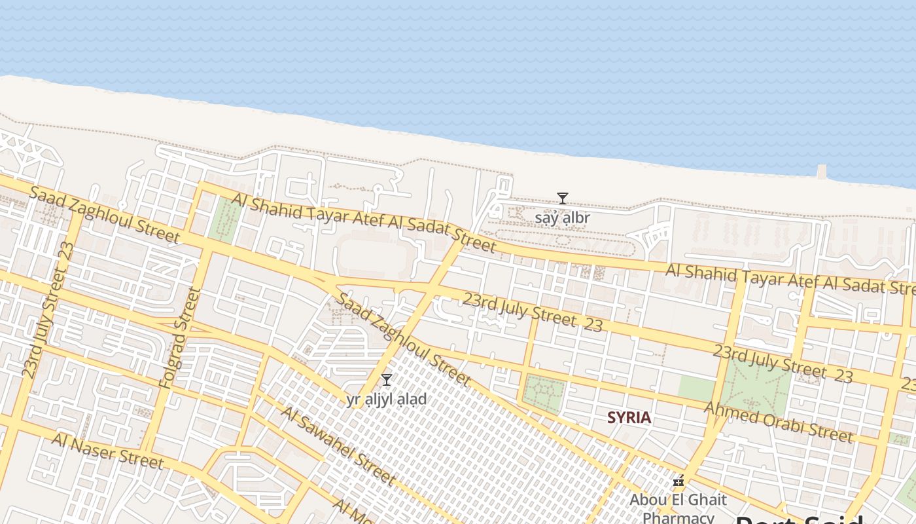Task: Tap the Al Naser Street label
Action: point(107,451)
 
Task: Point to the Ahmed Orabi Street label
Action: point(778,422)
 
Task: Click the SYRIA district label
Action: point(629,417)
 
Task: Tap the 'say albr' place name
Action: point(563,217)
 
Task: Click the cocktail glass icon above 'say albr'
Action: point(562,198)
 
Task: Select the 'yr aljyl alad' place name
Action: point(387,399)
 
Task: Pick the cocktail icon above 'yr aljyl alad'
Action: point(387,380)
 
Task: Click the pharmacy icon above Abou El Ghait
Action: point(678,482)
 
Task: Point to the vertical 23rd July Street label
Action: point(48,310)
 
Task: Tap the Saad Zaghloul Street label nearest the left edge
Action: point(104,215)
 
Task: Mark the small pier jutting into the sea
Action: point(821,172)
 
